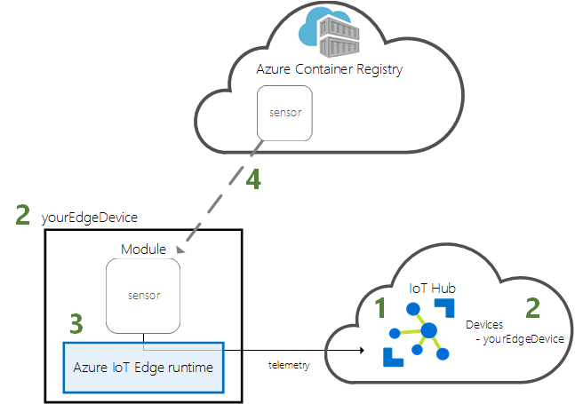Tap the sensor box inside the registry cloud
tap(284, 113)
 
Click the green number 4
tap(253, 180)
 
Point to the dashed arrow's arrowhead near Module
tap(183, 250)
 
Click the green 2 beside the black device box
tap(24, 215)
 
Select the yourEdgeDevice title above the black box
tap(90, 218)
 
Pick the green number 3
tap(77, 324)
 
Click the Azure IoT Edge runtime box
tap(143, 366)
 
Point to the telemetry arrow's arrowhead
tap(363, 351)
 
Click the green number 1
tap(380, 309)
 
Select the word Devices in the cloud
tap(484, 326)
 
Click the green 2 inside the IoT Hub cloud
tap(533, 307)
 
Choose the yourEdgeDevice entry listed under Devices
tap(521, 339)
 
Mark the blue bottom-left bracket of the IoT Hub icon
tap(390, 357)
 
